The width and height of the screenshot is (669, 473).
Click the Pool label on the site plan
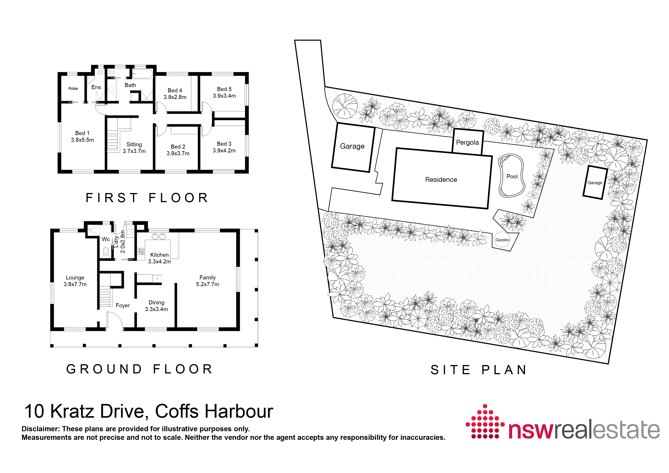pyautogui.click(x=512, y=176)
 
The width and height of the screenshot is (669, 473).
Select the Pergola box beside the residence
pyautogui.click(x=468, y=142)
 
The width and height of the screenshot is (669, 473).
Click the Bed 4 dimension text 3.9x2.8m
pyautogui.click(x=175, y=97)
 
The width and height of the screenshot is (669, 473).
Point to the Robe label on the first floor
pyautogui.click(x=73, y=88)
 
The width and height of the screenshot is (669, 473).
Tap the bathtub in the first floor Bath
pyautogui.click(x=142, y=74)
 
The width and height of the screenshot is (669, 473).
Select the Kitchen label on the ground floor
pyautogui.click(x=159, y=255)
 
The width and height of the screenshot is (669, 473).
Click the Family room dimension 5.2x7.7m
pyautogui.click(x=207, y=284)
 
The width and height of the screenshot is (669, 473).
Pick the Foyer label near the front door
pyautogui.click(x=123, y=305)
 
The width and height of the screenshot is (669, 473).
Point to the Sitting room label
pyautogui.click(x=134, y=144)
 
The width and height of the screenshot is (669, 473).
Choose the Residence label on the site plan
pyautogui.click(x=441, y=179)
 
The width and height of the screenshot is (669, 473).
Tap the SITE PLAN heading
pyautogui.click(x=478, y=370)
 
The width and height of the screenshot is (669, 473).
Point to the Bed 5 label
pyautogui.click(x=224, y=89)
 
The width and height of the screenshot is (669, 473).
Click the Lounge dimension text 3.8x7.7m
pyautogui.click(x=75, y=284)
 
